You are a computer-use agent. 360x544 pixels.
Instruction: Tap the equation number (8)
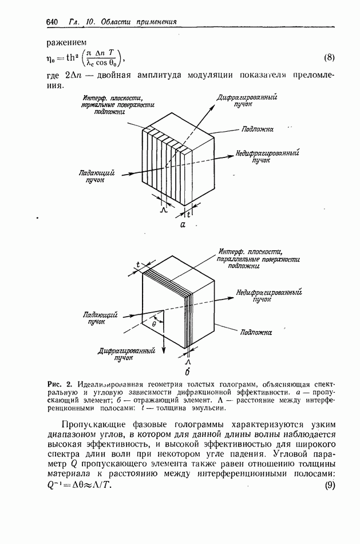(329, 57)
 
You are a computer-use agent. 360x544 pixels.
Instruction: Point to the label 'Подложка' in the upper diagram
(257, 129)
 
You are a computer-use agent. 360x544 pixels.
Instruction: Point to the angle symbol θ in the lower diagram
(154, 324)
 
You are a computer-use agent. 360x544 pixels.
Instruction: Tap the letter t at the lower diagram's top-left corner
(138, 265)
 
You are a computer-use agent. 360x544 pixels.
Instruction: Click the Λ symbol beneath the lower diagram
(187, 362)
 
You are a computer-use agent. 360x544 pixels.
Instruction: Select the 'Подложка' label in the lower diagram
(256, 332)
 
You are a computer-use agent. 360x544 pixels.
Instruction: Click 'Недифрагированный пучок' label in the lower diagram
(269, 295)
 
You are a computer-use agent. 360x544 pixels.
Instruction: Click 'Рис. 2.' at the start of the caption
(59, 383)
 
